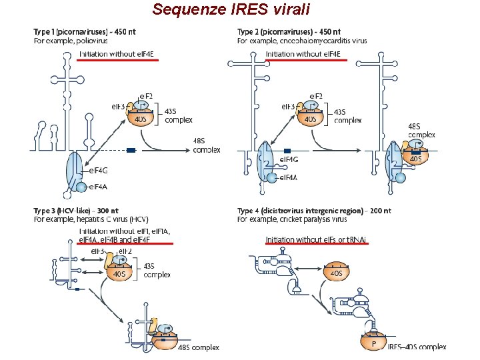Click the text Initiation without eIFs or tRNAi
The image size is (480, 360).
click(x=316, y=239)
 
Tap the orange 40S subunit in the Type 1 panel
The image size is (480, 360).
click(x=141, y=119)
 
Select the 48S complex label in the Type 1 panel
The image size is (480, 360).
click(x=206, y=145)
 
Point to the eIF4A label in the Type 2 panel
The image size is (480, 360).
click(x=288, y=177)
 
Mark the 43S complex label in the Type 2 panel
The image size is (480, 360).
click(x=347, y=116)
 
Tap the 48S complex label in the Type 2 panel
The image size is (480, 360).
click(x=421, y=129)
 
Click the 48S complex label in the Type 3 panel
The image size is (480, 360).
click(x=199, y=347)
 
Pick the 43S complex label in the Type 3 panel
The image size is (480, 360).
click(x=157, y=270)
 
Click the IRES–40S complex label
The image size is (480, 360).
click(x=417, y=347)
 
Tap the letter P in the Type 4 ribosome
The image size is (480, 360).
click(x=374, y=344)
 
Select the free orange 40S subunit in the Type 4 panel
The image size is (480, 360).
click(x=337, y=273)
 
